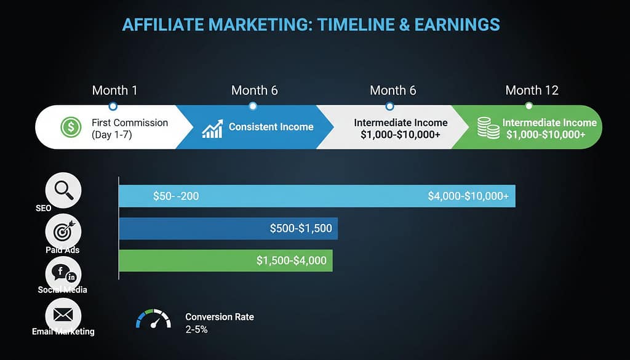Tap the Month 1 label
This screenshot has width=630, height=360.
click(114, 90)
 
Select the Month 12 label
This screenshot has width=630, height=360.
click(532, 90)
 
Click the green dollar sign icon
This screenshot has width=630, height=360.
click(71, 127)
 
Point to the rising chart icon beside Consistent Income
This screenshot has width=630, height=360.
click(212, 128)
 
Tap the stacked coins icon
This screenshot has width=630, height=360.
click(488, 128)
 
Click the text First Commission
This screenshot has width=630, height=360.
click(129, 122)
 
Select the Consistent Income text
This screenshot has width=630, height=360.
click(271, 127)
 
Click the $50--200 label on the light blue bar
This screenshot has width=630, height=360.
click(176, 196)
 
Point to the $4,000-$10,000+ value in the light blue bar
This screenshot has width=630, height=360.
click(468, 196)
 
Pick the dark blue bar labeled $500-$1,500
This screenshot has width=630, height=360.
click(228, 228)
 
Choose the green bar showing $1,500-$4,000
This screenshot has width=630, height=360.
click(226, 260)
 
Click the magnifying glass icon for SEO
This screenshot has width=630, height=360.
click(63, 190)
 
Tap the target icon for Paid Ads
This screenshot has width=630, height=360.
click(63, 231)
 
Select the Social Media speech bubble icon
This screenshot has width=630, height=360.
click(63, 272)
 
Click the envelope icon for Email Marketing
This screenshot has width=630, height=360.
click(63, 315)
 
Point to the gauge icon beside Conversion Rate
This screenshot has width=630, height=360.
click(153, 319)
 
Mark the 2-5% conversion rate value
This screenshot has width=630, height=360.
click(196, 329)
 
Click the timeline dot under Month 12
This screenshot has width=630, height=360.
click(528, 106)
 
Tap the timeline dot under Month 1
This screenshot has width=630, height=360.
click(113, 106)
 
